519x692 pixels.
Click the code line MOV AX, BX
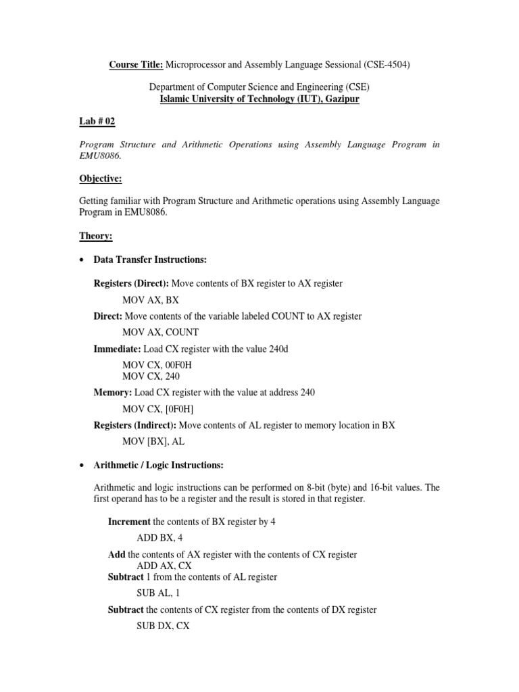(x=151, y=299)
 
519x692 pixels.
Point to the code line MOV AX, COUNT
(x=160, y=332)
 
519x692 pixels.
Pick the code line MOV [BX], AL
(x=153, y=441)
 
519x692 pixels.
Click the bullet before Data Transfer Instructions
(x=82, y=260)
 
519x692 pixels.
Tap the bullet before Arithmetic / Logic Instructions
(x=82, y=466)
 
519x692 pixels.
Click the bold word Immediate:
(x=113, y=349)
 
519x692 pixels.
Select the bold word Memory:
(x=112, y=393)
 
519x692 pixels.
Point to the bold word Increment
(x=130, y=522)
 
